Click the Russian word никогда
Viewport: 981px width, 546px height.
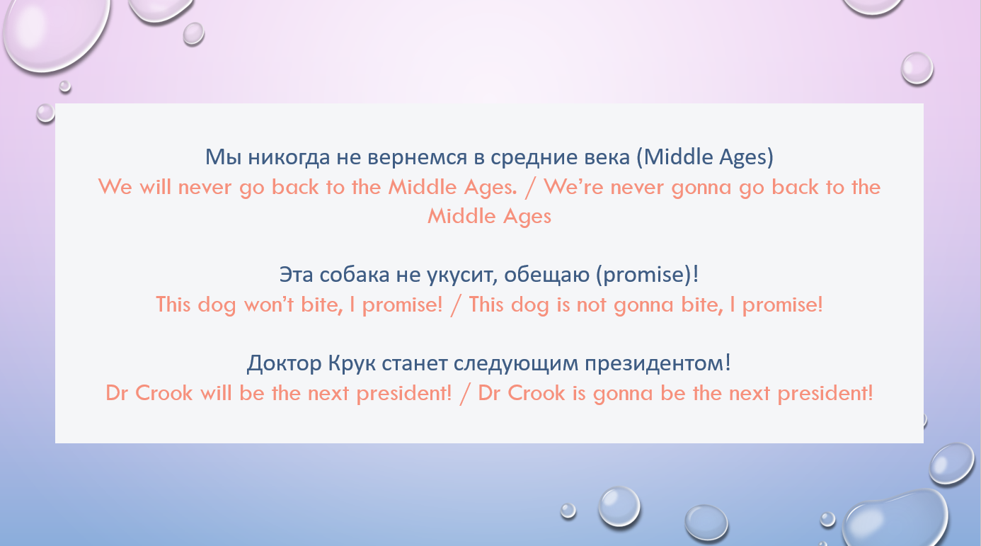click(x=289, y=158)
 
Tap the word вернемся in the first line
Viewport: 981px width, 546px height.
click(x=417, y=157)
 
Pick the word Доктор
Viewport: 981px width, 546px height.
click(x=285, y=364)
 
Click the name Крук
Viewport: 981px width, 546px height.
click(x=352, y=364)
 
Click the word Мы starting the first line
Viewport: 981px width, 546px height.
click(x=224, y=157)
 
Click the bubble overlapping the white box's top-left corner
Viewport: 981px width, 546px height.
click(x=45, y=113)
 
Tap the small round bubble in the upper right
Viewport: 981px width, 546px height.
click(x=917, y=68)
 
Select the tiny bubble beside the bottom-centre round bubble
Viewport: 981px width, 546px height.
click(x=568, y=511)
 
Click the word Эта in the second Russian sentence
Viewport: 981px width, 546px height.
click(x=297, y=275)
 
